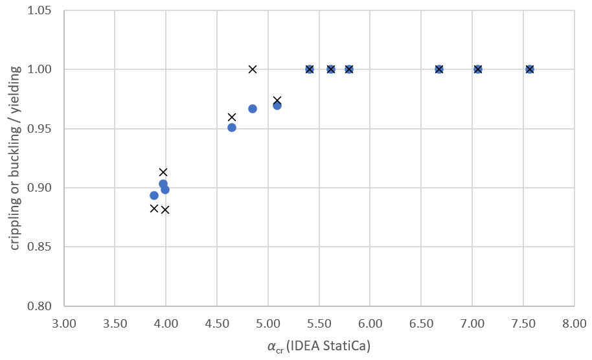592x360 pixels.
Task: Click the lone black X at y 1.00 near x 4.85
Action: (x=253, y=69)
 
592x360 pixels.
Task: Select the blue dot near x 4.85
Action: (x=253, y=109)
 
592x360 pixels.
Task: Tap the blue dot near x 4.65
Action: (x=232, y=128)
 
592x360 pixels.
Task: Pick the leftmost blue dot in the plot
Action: (x=154, y=196)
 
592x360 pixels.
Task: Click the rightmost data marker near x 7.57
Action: (x=530, y=69)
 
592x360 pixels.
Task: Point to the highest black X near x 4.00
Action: (x=163, y=172)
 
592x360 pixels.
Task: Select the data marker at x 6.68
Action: (x=439, y=69)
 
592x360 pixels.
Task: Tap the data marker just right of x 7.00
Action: (x=478, y=69)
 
